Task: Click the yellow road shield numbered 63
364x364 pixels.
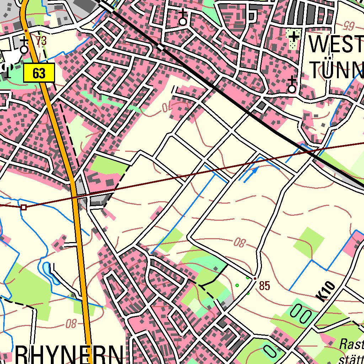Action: coord(39,73)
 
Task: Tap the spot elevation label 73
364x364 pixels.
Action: coord(41,41)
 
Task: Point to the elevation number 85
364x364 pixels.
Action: coord(265,285)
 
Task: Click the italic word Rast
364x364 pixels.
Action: coord(351,344)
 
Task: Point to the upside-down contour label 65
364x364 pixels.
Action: coord(349,25)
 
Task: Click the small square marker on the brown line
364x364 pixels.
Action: coord(23,207)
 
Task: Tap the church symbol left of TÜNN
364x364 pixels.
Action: coord(291,86)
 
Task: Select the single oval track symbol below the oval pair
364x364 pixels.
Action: coord(270,351)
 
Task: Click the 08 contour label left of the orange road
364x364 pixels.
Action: coord(71,323)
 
